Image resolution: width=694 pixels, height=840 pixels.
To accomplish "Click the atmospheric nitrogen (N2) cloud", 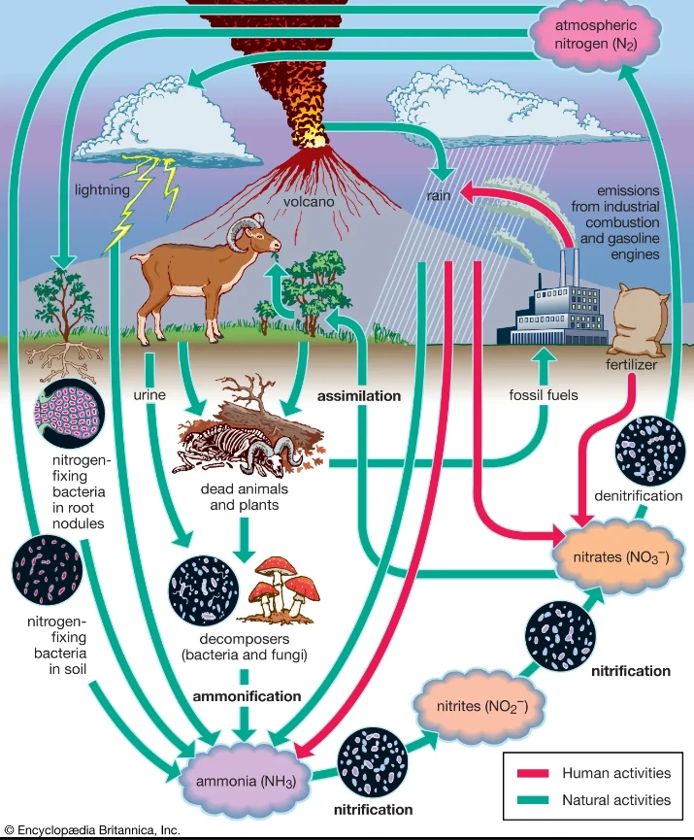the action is tap(595, 35).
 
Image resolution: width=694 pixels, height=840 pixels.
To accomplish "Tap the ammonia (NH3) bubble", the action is tap(245, 782).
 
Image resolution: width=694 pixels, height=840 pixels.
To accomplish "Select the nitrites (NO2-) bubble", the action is tap(482, 706).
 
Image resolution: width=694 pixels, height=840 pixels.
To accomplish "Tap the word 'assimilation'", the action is tap(359, 396).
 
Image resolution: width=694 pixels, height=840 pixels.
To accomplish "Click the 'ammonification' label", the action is tap(247, 696).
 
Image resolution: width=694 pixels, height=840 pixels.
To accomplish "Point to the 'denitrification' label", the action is tap(639, 495).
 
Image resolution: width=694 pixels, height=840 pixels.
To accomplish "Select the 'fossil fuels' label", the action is tap(544, 395).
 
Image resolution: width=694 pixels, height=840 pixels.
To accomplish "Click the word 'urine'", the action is tap(149, 394).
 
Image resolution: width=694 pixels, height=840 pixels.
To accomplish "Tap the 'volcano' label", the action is tap(309, 201).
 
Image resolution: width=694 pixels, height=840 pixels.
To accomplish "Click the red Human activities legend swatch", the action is tap(532, 773).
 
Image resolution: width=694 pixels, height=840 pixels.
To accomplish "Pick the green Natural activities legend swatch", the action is tap(532, 800).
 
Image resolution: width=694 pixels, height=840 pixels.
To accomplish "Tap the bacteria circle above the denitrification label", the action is tap(650, 450).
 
